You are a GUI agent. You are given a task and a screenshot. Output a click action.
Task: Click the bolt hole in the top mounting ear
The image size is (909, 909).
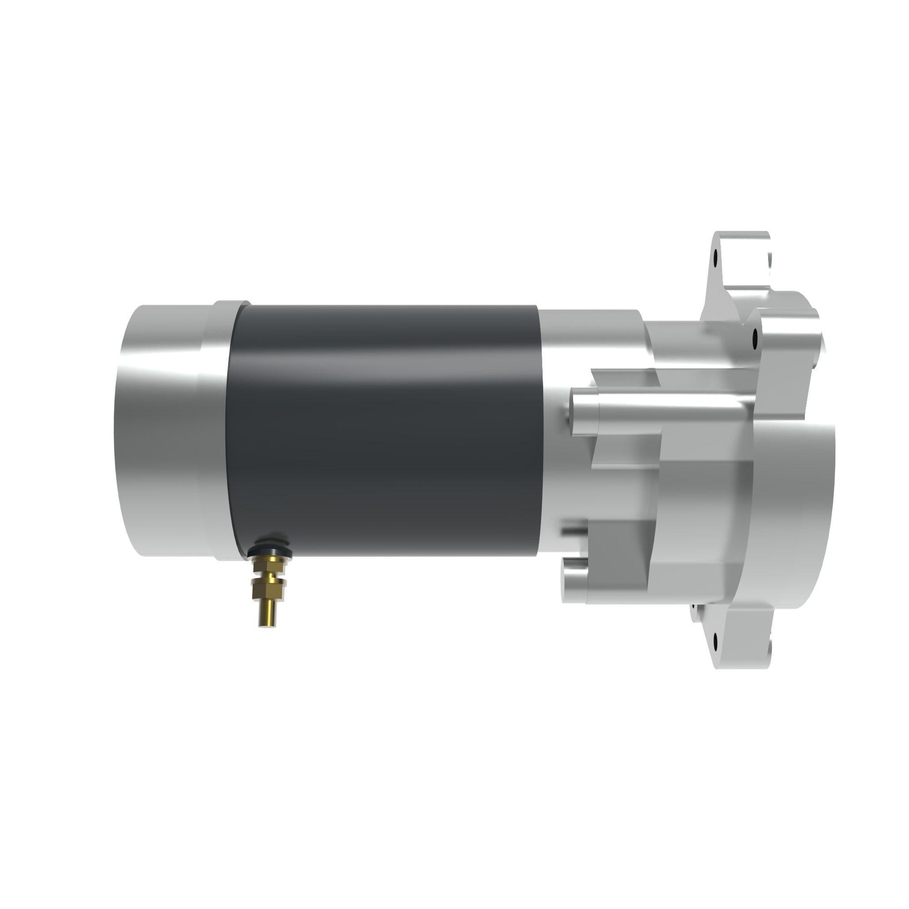(x=716, y=258)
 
